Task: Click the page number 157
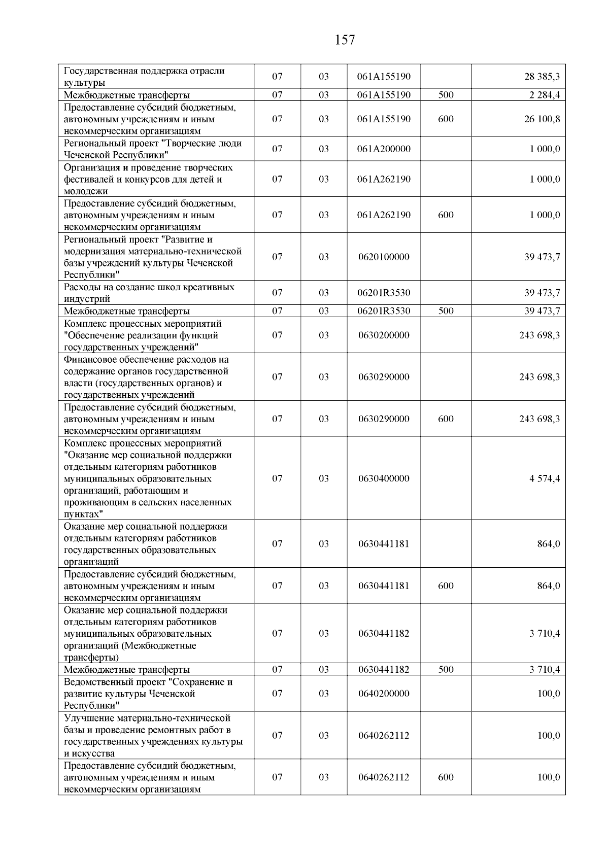(x=345, y=40)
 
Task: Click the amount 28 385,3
(x=542, y=77)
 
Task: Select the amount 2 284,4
(x=542, y=95)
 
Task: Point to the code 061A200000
(x=384, y=149)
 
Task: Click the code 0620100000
(x=384, y=257)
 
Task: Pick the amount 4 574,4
(x=545, y=478)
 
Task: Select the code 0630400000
(x=384, y=478)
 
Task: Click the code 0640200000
(x=384, y=694)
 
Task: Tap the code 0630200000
(x=384, y=335)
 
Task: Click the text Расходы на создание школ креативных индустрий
(x=149, y=293)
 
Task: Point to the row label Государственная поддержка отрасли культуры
(x=144, y=77)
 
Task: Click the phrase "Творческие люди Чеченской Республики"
(x=152, y=149)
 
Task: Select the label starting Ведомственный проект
(x=148, y=694)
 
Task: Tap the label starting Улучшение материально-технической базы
(x=152, y=735)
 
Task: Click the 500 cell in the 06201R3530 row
(x=446, y=311)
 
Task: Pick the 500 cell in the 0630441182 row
(x=446, y=670)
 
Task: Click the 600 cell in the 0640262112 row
(x=446, y=777)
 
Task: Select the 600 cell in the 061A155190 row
(x=446, y=119)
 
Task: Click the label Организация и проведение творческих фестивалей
(x=148, y=179)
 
